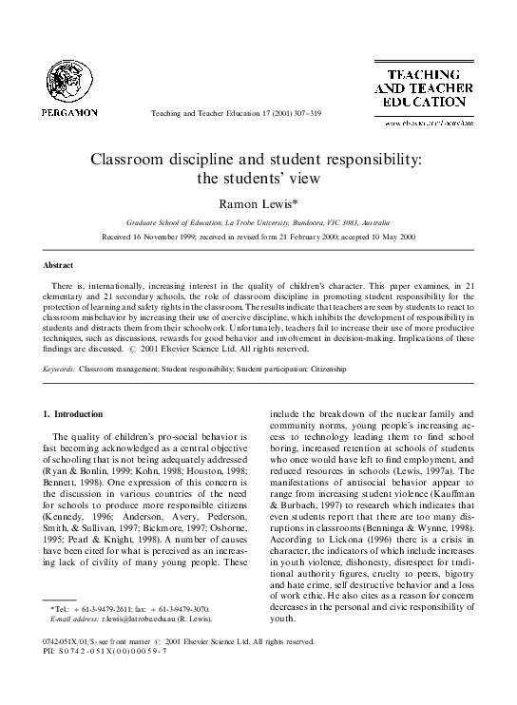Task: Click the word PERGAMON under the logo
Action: coord(66,112)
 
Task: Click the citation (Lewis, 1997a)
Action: coord(451,472)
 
